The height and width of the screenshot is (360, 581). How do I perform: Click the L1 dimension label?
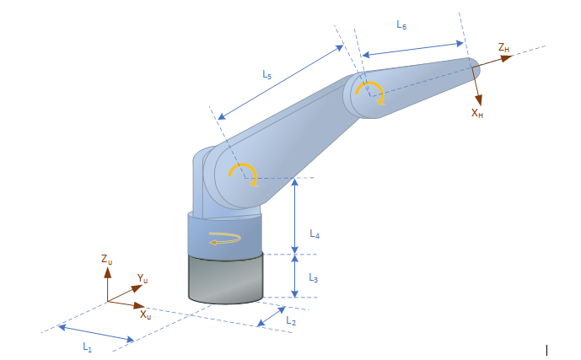pos(87,347)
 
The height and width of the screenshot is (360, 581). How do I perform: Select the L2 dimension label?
pos(290,321)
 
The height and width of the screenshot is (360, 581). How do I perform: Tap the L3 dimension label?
pos(313,277)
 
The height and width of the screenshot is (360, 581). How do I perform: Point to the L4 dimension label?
pos(314,234)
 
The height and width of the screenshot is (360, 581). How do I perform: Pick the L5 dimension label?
pos(266,74)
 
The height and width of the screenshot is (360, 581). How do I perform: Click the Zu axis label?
pos(106,261)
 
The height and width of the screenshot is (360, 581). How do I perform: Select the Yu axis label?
pos(143,279)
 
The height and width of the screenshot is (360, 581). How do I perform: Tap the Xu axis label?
pos(145,315)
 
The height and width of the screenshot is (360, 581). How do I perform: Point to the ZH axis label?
pos(503,48)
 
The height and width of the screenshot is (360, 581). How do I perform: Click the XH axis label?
pos(477,112)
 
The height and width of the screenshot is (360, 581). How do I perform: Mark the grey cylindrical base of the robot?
pos(225,278)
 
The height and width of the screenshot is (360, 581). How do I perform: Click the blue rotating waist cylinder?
pos(224,233)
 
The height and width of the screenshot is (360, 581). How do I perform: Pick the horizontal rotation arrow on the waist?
pos(224,238)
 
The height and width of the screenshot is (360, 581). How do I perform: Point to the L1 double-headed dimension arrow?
pos(96,332)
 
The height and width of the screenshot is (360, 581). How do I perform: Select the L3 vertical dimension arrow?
pos(294,275)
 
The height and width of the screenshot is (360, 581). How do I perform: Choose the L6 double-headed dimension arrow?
pos(414,49)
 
